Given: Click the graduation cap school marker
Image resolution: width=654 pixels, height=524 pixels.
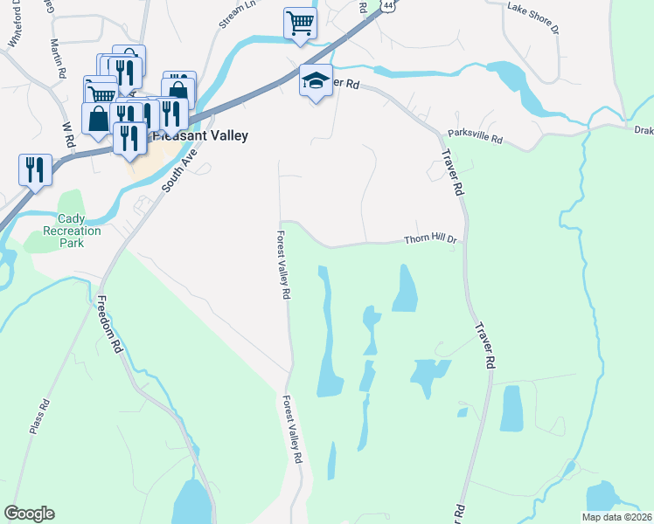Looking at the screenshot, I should tap(316, 81).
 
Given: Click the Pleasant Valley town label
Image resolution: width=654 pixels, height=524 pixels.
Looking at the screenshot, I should tap(201, 136).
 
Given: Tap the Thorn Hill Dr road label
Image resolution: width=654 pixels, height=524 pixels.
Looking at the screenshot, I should tap(429, 241).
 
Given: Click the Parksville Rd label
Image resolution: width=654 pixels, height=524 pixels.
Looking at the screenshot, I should tap(476, 138).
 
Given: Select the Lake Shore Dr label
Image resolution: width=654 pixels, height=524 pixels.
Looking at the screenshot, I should tap(532, 17).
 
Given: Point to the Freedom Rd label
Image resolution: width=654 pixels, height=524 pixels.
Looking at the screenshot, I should tap(108, 323).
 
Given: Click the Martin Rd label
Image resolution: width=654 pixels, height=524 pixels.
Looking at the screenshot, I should tap(58, 57).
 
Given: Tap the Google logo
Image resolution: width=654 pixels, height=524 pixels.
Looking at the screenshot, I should tap(29, 514).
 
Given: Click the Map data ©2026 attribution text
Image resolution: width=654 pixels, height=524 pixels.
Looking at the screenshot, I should tap(616, 517).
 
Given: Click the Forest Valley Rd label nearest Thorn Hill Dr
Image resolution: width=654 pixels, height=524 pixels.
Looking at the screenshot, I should tap(282, 265).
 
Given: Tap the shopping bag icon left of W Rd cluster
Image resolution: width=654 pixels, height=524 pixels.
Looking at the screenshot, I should tap(97, 118).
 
